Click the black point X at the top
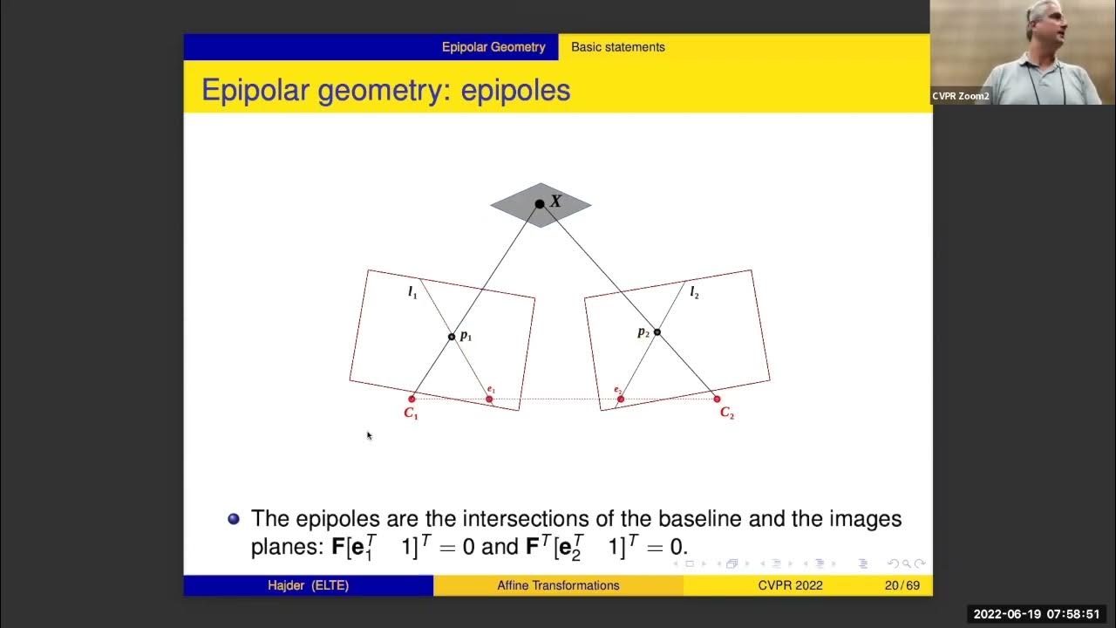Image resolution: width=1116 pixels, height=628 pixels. tap(540, 204)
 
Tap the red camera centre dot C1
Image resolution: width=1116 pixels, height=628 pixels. tap(412, 399)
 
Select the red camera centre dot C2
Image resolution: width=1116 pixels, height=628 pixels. tap(717, 399)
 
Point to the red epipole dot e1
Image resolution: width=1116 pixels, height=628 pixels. tap(489, 399)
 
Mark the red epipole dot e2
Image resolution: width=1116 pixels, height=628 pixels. tap(621, 399)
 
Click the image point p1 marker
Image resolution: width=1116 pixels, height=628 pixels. tap(452, 337)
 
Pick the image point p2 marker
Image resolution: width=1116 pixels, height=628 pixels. tap(657, 331)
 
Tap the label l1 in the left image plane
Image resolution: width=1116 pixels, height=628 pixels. tap(412, 293)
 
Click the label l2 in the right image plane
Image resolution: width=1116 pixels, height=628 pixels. tap(694, 293)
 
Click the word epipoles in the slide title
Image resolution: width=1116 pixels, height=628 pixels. tap(515, 90)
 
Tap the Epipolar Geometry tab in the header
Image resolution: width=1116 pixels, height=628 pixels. tap(493, 47)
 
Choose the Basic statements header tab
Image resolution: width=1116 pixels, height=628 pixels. tap(617, 47)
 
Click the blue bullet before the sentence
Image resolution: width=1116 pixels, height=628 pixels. tap(234, 519)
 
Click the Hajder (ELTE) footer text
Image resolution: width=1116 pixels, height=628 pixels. tap(308, 585)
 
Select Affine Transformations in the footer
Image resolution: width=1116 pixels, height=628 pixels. tap(558, 585)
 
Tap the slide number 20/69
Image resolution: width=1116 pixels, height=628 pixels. tap(902, 585)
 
